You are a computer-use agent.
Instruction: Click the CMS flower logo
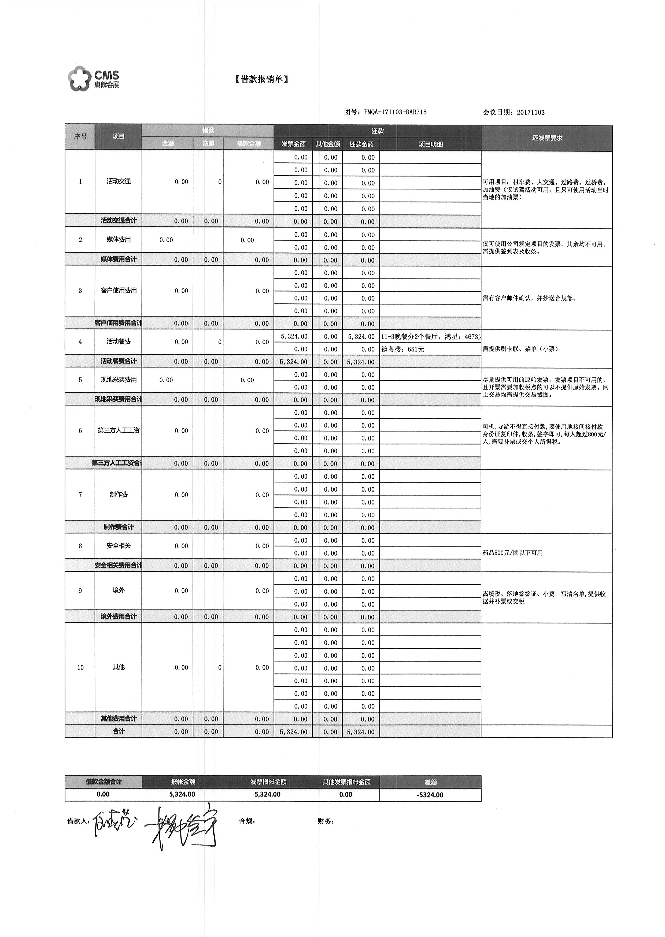click(79, 78)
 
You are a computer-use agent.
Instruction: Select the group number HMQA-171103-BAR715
click(395, 112)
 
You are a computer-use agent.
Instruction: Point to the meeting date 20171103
click(531, 113)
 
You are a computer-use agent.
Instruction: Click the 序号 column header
click(80, 136)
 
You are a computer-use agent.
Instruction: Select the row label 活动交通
click(119, 181)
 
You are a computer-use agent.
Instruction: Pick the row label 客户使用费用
click(119, 291)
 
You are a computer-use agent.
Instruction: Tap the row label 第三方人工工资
click(119, 430)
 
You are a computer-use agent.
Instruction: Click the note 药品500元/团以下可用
click(513, 553)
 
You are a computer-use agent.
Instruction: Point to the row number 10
click(80, 667)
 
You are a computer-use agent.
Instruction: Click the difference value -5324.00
click(430, 795)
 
